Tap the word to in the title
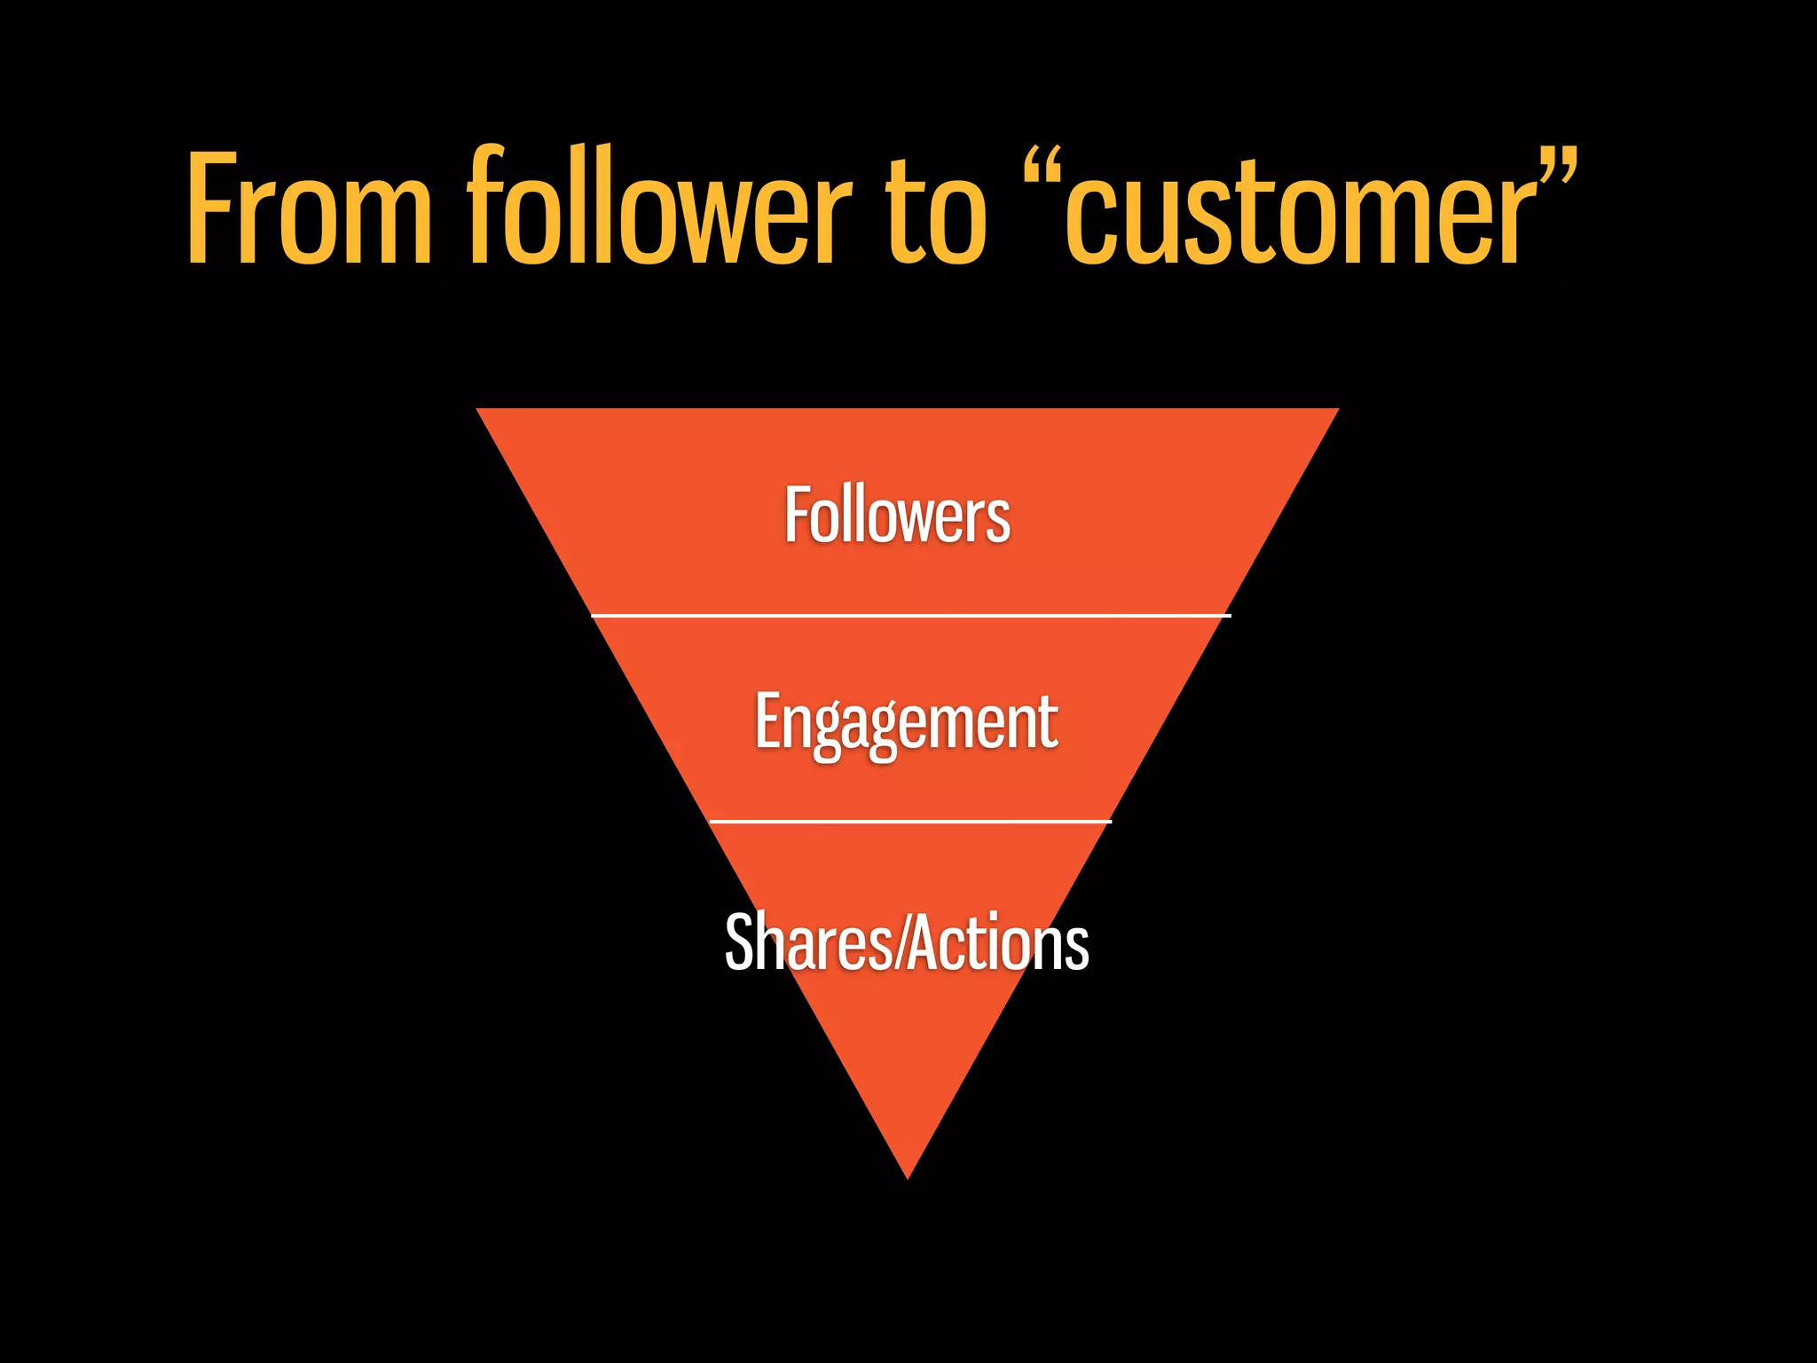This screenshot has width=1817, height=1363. [x=935, y=213]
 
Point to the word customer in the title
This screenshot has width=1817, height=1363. [x=1301, y=213]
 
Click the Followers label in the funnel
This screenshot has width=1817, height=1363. [x=897, y=516]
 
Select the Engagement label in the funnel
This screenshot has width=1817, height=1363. [x=906, y=723]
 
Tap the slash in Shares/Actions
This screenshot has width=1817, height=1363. [x=901, y=942]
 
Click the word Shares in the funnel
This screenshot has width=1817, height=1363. [x=809, y=942]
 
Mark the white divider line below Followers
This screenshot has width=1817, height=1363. [x=910, y=614]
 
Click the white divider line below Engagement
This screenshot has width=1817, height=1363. [x=910, y=822]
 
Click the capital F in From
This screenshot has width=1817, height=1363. [x=210, y=209]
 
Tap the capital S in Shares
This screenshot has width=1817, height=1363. [x=739, y=942]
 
